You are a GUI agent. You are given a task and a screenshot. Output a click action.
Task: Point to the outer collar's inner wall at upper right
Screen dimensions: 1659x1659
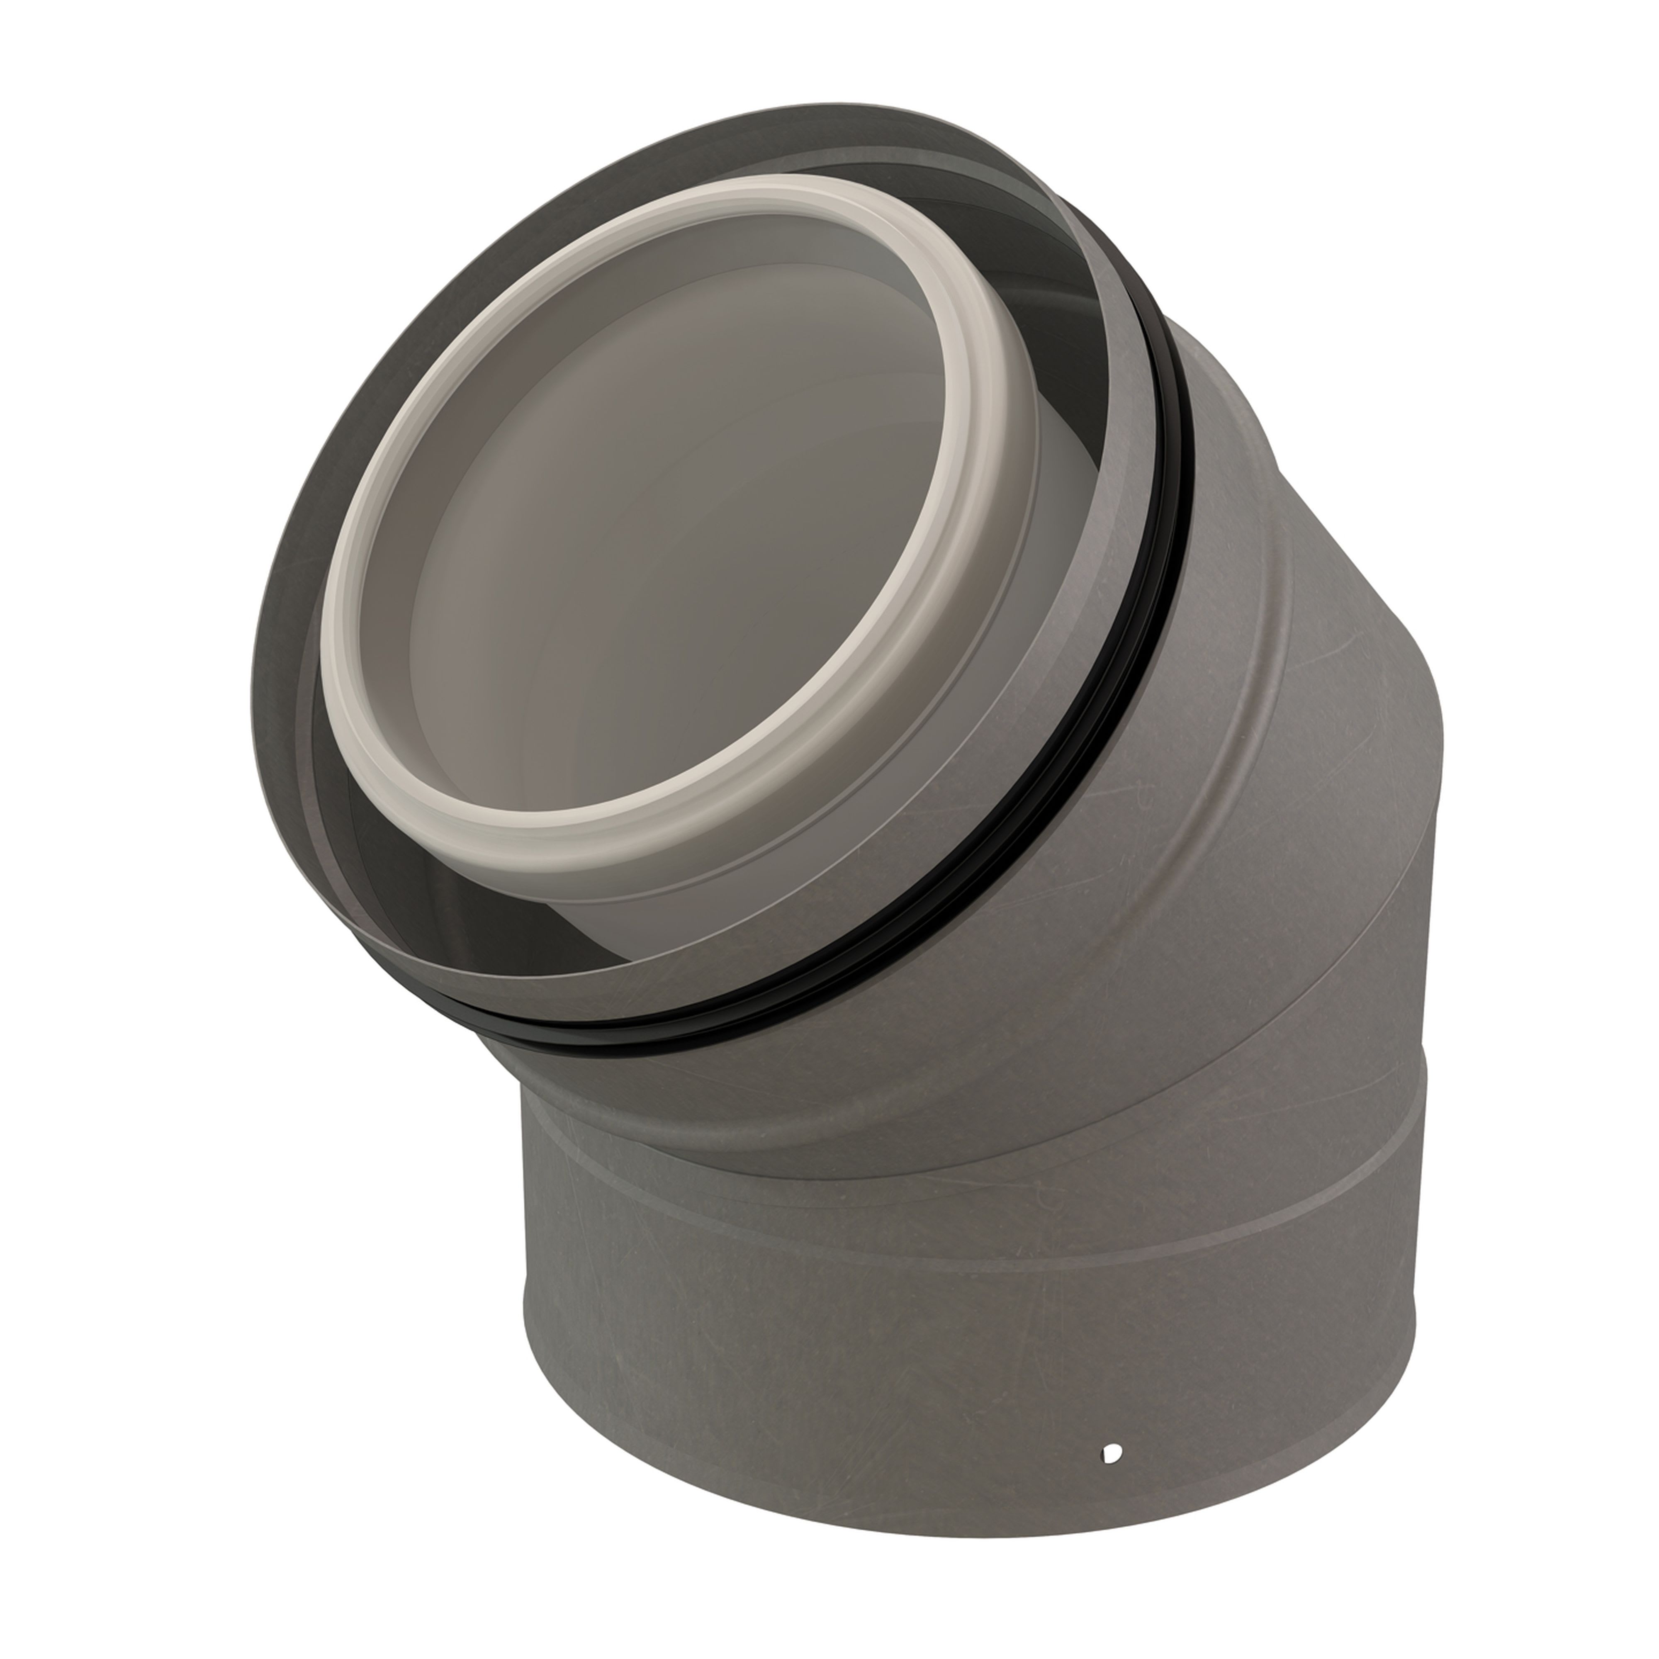pyautogui.click(x=1090, y=343)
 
